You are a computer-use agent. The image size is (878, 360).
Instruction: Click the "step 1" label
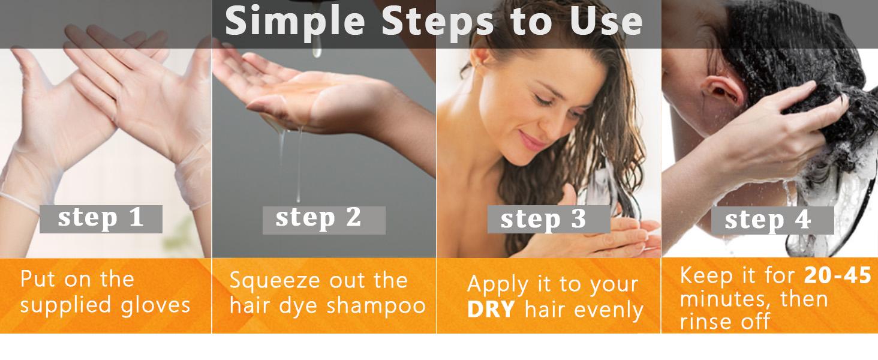[101, 219]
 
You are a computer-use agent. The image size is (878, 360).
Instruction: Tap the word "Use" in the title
[606, 22]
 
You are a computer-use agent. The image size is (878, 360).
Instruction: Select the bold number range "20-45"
[837, 275]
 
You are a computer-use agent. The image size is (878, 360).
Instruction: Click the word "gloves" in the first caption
[155, 306]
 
